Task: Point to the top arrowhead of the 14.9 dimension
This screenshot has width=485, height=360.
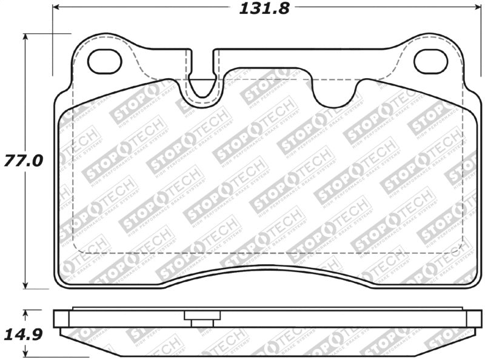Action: tap(25, 313)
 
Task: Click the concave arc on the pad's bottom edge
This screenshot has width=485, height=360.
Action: tap(267, 267)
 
